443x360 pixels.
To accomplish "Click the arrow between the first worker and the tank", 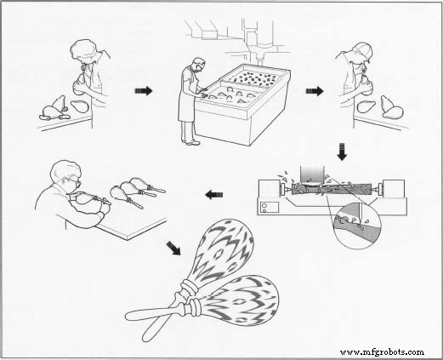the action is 144,91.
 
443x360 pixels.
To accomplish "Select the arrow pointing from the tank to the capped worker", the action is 315,91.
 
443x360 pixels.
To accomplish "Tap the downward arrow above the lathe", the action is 342,152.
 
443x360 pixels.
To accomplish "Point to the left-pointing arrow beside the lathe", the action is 214,195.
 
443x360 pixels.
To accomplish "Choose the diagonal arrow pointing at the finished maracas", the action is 173,248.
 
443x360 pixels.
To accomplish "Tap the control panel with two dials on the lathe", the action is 268,207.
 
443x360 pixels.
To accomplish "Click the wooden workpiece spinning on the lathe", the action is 331,189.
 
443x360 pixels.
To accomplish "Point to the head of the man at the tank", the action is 198,66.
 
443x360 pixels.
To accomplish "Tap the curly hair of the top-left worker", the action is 84,50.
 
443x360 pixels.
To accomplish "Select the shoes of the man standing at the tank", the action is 191,142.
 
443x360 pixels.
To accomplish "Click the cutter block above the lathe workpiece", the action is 312,174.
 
